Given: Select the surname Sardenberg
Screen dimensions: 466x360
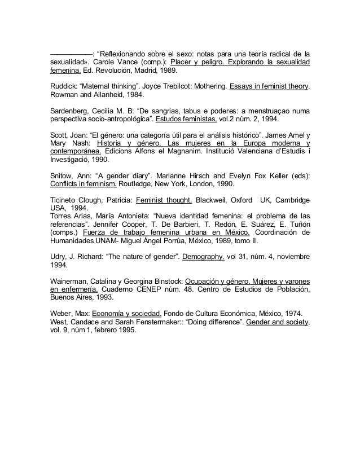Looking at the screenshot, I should point(66,110).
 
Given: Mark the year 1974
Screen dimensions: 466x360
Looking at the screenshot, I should point(289,312).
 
